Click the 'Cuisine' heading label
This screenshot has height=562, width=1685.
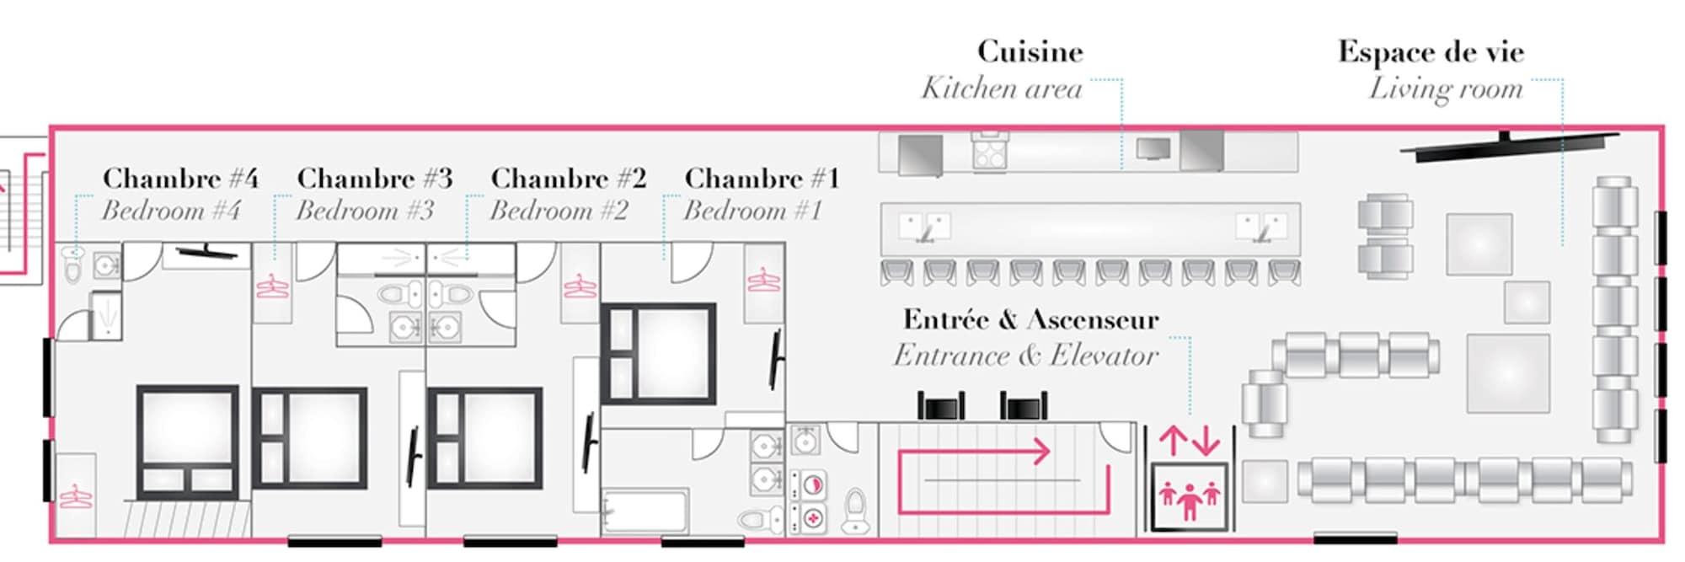(1030, 51)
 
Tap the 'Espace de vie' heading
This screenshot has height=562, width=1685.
(1431, 51)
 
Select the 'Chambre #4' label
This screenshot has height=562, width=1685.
(180, 178)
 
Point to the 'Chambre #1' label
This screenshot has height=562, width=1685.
(762, 178)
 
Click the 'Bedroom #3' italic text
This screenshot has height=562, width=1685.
(365, 210)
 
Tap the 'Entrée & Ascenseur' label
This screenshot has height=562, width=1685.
(1031, 319)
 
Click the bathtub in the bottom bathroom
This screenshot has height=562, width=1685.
(645, 511)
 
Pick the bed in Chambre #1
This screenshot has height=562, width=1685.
(659, 354)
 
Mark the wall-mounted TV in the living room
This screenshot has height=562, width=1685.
(1508, 145)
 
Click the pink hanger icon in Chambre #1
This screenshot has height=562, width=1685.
(763, 280)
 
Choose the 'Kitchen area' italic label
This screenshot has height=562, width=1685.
(1001, 88)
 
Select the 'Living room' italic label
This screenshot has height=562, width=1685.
(1446, 88)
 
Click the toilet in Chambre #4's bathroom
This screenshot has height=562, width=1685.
(73, 265)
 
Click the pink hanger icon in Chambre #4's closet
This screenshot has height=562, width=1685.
(74, 496)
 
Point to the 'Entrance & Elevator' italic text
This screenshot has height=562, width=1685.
(1025, 356)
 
